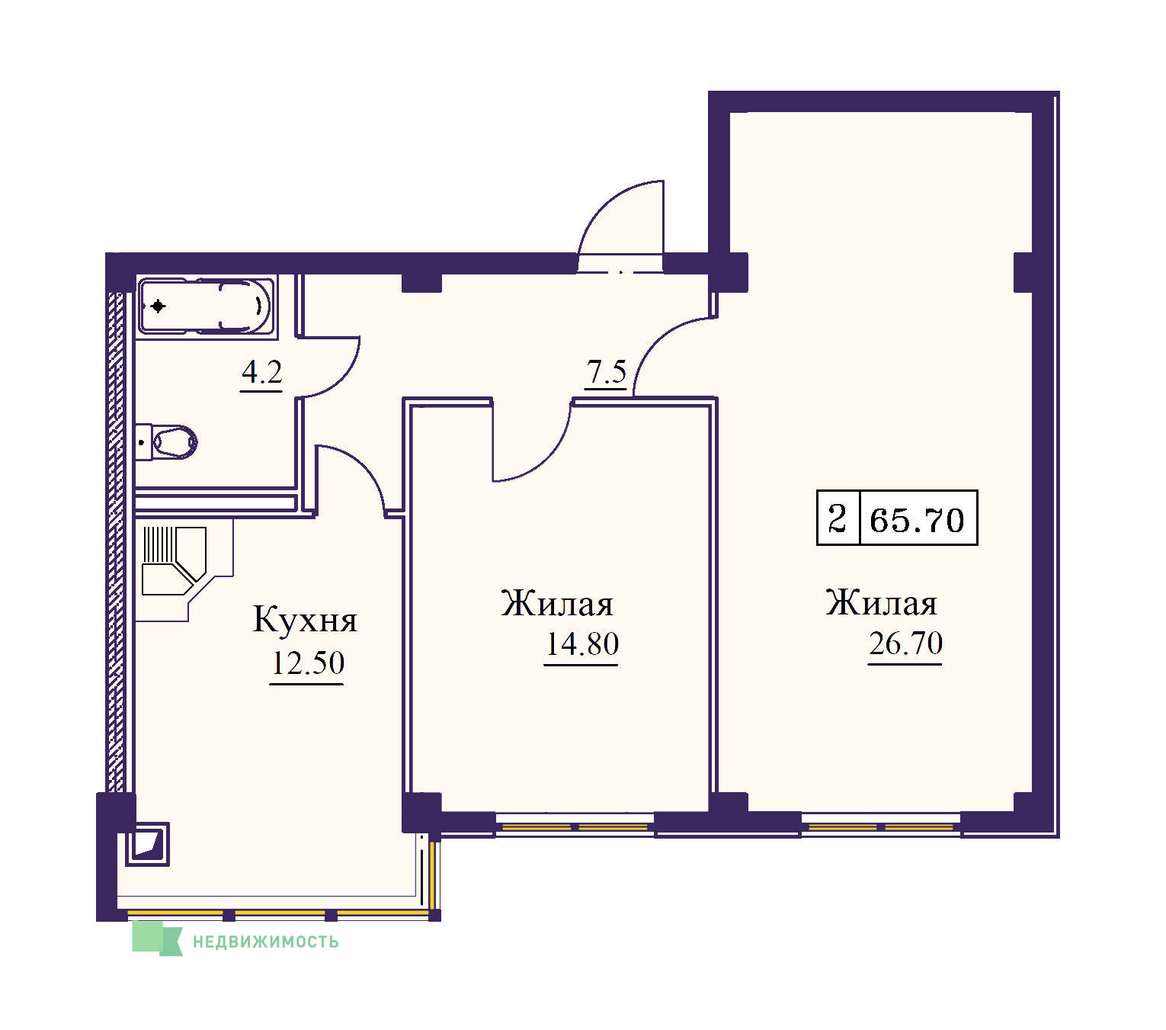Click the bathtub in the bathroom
pos(205,306)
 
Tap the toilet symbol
pos(166,443)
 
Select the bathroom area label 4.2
pos(262,373)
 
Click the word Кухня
pos(305,620)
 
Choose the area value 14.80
pos(581,643)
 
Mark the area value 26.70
pos(905,643)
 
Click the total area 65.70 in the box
pos(917,520)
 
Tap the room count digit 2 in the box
pos(838,518)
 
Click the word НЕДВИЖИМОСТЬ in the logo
pos(265,942)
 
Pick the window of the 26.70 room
pos(881,826)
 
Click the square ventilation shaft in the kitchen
pos(148,844)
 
